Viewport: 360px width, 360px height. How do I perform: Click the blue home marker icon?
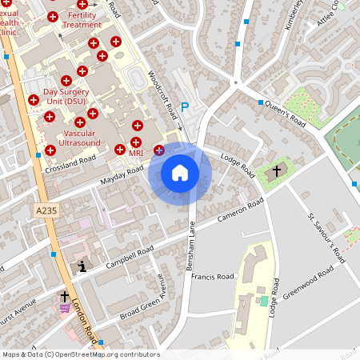pyautogui.click(x=180, y=173)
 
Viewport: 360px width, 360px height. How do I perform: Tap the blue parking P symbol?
pyautogui.click(x=185, y=106)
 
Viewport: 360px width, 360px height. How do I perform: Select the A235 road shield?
pyautogui.click(x=47, y=210)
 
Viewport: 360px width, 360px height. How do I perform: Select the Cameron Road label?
pyautogui.click(x=241, y=210)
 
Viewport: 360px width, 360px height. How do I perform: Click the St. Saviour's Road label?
pyautogui.click(x=326, y=238)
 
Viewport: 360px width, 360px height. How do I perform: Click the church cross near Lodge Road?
pyautogui.click(x=278, y=170)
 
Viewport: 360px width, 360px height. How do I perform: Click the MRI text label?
pyautogui.click(x=135, y=152)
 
